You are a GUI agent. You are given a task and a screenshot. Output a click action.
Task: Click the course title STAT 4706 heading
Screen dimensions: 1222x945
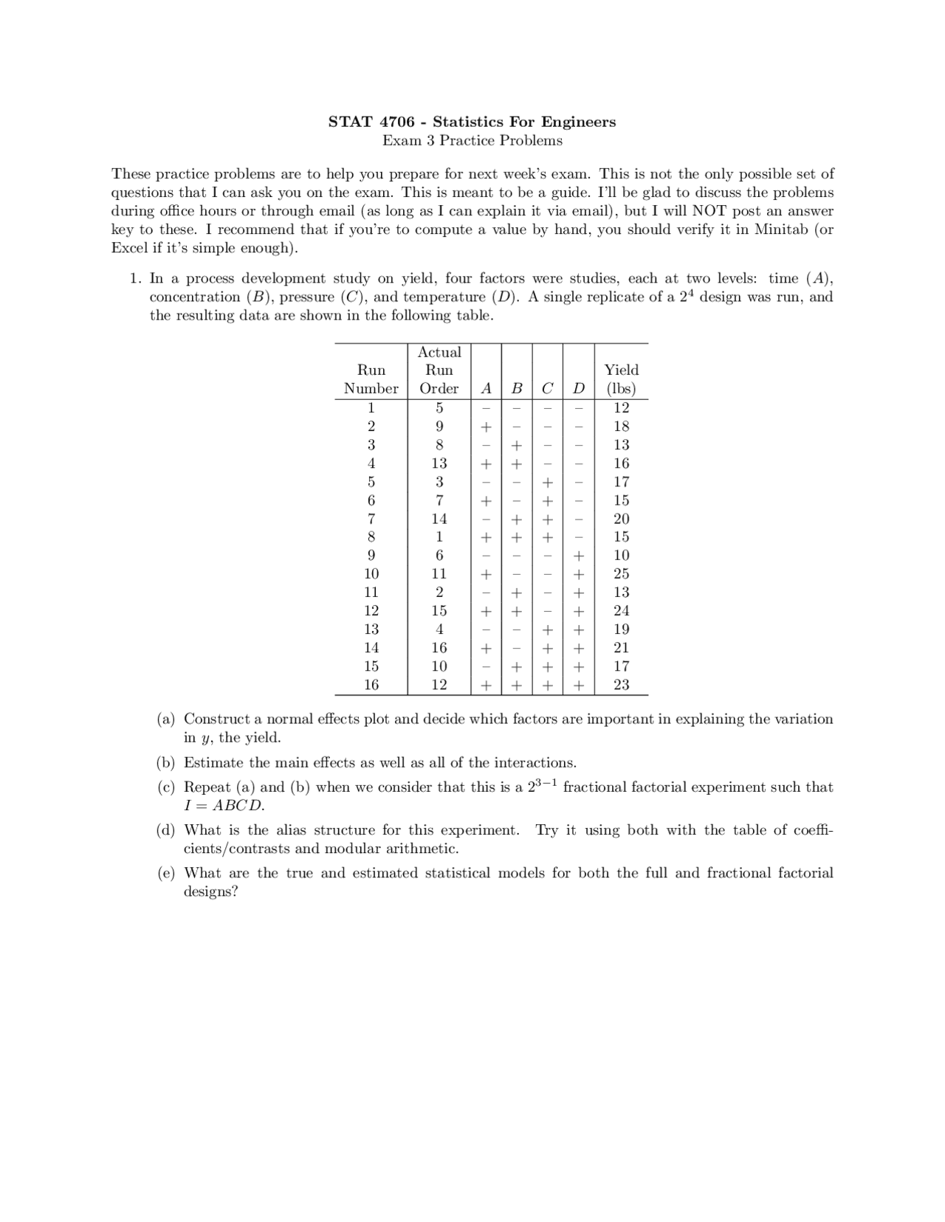[x=472, y=122]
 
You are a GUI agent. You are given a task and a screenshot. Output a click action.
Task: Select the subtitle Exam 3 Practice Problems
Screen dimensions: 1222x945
[x=472, y=140]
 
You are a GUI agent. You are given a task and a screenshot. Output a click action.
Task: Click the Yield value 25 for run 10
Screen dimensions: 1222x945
[x=622, y=573]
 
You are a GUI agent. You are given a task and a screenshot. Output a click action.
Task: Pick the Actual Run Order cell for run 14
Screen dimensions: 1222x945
[x=439, y=647]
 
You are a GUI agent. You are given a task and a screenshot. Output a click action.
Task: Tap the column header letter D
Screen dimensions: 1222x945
[x=579, y=388]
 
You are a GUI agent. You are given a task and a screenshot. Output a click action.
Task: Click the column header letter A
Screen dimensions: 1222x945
[x=486, y=388]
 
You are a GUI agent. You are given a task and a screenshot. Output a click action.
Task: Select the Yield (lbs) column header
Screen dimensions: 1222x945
[x=622, y=379]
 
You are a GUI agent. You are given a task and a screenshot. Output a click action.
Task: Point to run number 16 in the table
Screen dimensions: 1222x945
[x=371, y=684]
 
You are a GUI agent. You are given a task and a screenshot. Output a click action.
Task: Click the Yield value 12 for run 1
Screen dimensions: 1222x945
[x=622, y=407]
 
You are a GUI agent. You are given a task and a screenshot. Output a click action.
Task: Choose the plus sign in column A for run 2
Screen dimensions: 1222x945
[x=486, y=427]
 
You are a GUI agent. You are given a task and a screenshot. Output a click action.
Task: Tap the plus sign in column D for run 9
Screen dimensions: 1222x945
[x=579, y=556]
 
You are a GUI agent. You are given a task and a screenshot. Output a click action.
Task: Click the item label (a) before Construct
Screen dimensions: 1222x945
[x=166, y=719]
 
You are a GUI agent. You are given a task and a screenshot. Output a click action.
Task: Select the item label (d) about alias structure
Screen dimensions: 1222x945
[x=166, y=830]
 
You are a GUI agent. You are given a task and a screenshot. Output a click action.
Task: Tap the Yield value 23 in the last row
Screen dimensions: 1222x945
[x=622, y=684]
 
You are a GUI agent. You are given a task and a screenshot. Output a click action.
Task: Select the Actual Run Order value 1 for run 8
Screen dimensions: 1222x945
[x=439, y=536]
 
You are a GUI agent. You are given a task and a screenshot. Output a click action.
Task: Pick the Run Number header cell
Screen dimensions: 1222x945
[x=371, y=379]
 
